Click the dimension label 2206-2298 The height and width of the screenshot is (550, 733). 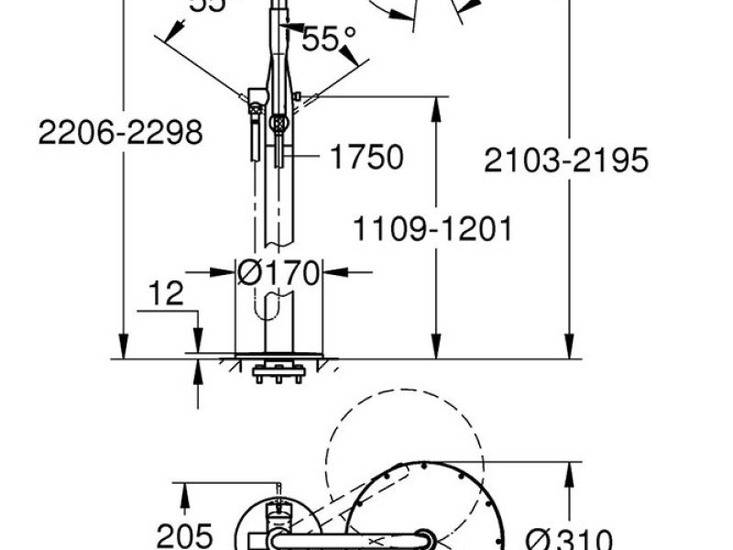(120, 133)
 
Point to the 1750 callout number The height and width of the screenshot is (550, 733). (366, 158)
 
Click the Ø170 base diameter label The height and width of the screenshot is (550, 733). (279, 272)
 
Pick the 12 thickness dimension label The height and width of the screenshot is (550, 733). (164, 293)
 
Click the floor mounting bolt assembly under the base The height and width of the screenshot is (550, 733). (278, 373)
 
